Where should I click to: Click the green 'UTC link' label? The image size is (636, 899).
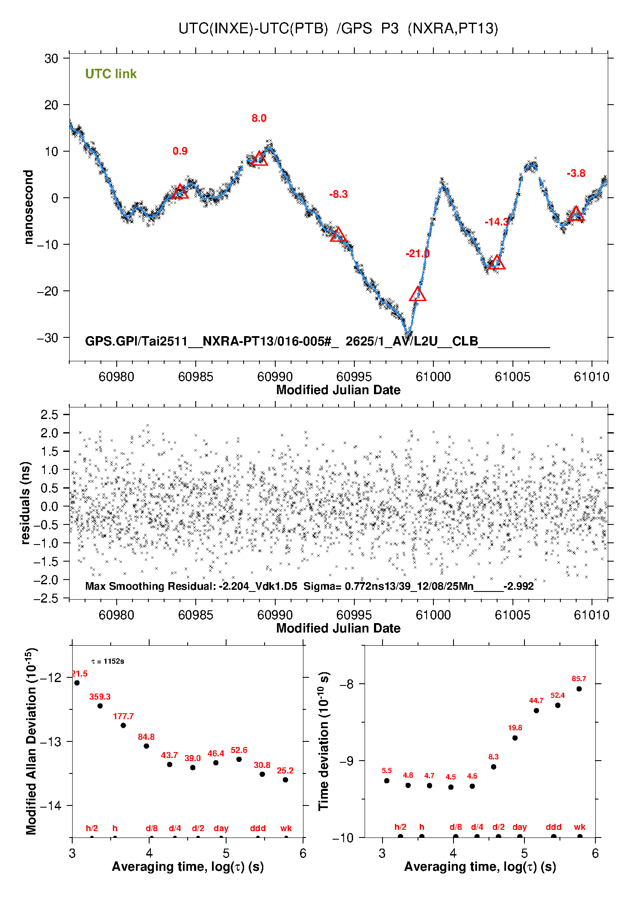[111, 74]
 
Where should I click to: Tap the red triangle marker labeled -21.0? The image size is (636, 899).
[418, 295]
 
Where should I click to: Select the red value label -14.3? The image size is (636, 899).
[497, 222]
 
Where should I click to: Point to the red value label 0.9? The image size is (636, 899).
[180, 151]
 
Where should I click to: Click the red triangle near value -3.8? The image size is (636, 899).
[576, 214]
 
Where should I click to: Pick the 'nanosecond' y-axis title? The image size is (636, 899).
[29, 207]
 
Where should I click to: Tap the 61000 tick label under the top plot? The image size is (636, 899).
[433, 377]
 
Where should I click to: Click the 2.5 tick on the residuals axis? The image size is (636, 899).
[49, 414]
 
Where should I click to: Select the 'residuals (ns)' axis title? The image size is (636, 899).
[26, 503]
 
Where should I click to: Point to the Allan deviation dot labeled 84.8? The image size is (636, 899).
[146, 746]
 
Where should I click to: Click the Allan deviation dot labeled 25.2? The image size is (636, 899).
[286, 780]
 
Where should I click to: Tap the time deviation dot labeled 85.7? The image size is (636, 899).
[579, 689]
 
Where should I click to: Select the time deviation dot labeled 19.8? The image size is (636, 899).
[515, 738]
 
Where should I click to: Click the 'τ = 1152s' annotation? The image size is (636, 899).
[108, 662]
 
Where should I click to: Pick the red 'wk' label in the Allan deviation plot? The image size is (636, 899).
[286, 828]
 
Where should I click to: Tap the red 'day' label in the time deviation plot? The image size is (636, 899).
[520, 827]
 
